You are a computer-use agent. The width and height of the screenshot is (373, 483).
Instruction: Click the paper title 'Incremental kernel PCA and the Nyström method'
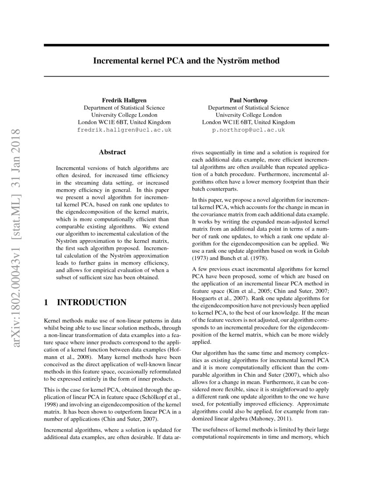tap(186, 61)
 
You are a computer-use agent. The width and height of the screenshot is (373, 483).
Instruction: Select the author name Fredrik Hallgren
tap(124, 100)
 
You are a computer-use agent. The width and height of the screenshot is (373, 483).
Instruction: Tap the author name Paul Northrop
tap(248, 100)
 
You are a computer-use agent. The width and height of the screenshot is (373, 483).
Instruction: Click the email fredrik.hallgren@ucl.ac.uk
tap(124, 130)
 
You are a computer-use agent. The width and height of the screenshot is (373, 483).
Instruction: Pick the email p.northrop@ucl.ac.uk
tap(248, 130)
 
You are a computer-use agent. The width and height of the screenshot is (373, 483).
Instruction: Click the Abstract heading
tap(112, 152)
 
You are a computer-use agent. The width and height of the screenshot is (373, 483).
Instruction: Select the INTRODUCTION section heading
tap(92, 303)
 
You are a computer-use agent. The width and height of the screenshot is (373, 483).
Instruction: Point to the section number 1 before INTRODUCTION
tap(47, 303)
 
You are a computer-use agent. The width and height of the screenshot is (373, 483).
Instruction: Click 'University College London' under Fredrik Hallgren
tap(124, 115)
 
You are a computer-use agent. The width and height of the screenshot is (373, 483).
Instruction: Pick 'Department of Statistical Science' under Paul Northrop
tap(248, 108)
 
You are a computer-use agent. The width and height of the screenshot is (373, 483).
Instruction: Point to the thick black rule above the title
tap(186, 45)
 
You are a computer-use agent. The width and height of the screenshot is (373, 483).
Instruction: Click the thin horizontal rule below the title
tap(186, 76)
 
